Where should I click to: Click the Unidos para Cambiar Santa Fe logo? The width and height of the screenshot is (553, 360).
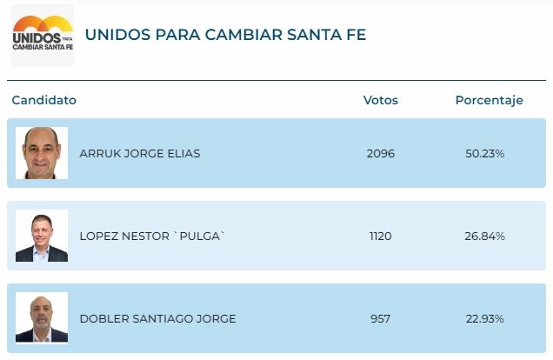(x=42, y=36)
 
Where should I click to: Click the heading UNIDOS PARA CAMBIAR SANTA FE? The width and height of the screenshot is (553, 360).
(x=225, y=35)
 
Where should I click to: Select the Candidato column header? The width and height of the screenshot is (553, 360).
(x=43, y=100)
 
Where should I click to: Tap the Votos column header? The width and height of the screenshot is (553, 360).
(x=380, y=100)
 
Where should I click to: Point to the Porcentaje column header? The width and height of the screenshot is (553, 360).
(x=489, y=100)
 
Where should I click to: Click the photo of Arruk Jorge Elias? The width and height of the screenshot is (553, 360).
(x=42, y=153)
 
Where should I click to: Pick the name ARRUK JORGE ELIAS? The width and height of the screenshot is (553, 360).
(x=139, y=154)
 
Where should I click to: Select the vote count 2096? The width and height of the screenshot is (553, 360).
(x=380, y=154)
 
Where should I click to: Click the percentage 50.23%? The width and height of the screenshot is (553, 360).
(x=485, y=154)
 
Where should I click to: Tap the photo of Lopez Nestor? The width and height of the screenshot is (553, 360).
(x=42, y=236)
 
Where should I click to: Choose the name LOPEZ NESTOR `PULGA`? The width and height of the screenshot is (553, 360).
(x=152, y=237)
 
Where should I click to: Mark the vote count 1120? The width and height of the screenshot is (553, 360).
(x=380, y=237)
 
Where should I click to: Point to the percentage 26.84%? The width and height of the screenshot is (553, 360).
(x=485, y=237)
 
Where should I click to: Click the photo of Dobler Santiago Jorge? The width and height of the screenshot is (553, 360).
(x=42, y=318)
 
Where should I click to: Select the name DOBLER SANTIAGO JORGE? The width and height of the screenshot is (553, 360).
(x=157, y=319)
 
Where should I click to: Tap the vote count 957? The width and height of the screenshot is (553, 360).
(x=380, y=319)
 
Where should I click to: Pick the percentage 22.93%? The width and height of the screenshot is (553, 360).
(x=485, y=319)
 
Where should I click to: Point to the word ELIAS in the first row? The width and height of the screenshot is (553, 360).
(x=183, y=154)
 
